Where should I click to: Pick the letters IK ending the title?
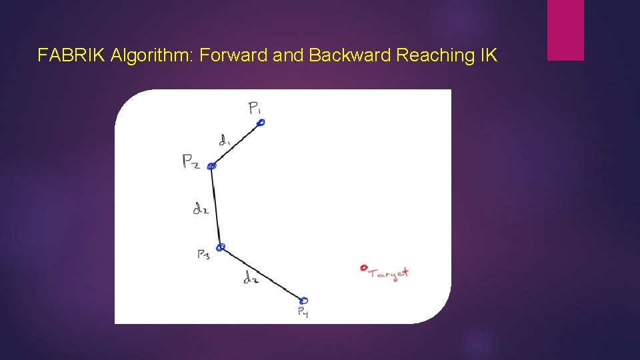488,55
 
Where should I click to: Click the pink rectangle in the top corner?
565,30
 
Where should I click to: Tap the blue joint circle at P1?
261,122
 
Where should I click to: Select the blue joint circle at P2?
211,166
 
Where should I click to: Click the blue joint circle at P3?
221,247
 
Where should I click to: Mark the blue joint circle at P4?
304,301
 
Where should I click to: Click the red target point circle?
363,268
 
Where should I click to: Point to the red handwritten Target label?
389,273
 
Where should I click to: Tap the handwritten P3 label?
203,255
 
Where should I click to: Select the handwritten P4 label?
302,312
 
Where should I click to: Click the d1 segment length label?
225,140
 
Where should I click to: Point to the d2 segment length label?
201,209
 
